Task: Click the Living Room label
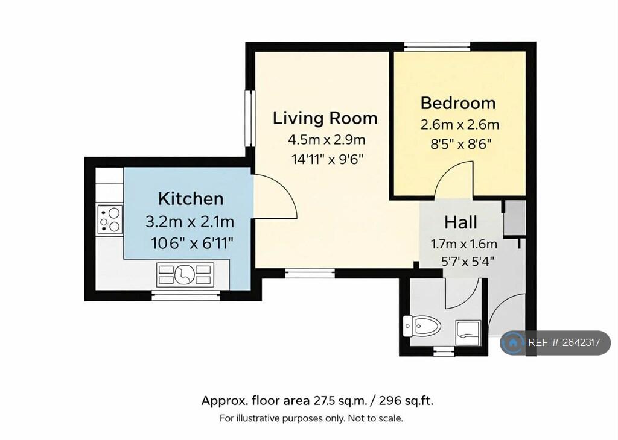(x=325, y=118)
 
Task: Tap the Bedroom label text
(x=458, y=103)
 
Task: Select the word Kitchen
(x=191, y=198)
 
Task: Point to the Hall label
(x=460, y=222)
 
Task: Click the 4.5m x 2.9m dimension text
(x=327, y=140)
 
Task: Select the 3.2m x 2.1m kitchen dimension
(x=190, y=222)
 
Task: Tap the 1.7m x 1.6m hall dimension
(x=464, y=245)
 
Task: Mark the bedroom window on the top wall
(x=437, y=46)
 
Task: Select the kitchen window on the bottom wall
(x=185, y=295)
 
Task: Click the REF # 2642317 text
(x=564, y=343)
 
